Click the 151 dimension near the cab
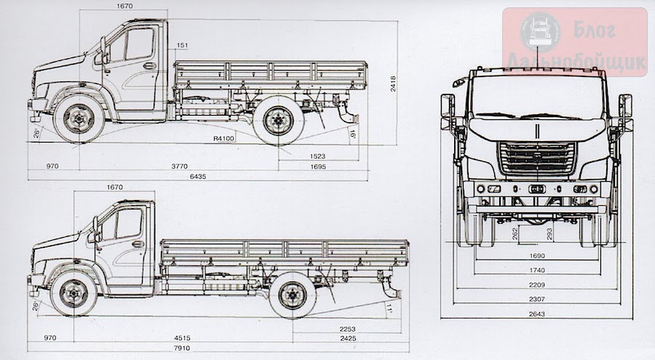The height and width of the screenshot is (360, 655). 182,46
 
